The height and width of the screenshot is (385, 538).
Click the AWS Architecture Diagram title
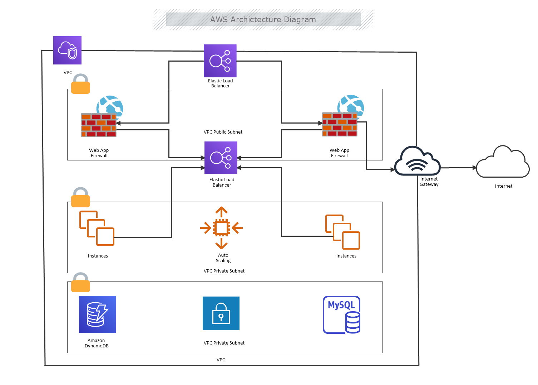point(263,20)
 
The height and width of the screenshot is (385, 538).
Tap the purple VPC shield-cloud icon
point(67,50)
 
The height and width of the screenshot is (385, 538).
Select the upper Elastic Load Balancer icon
point(220,61)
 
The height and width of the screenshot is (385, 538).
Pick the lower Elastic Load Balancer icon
point(221,158)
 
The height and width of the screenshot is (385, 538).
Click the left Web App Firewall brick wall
point(99,125)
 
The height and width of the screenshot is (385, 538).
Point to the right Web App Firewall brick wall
point(340,124)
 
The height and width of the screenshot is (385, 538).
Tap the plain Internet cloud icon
point(503,163)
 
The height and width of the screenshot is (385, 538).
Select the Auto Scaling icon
point(222,228)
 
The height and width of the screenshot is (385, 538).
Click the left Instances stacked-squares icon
point(97,228)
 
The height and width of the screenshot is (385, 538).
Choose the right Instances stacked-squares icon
point(342,232)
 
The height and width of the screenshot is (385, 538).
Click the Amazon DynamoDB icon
point(98,314)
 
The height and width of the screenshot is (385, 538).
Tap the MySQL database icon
point(342,315)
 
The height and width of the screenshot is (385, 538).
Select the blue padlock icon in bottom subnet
point(221,313)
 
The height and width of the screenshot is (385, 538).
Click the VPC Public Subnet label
point(223,132)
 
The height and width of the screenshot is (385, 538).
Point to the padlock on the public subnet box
point(80,84)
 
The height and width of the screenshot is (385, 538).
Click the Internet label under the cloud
point(503,186)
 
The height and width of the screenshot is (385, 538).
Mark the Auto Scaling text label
point(223,258)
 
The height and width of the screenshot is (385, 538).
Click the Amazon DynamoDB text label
point(97,343)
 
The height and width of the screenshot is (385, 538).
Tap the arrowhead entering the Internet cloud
point(475,168)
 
